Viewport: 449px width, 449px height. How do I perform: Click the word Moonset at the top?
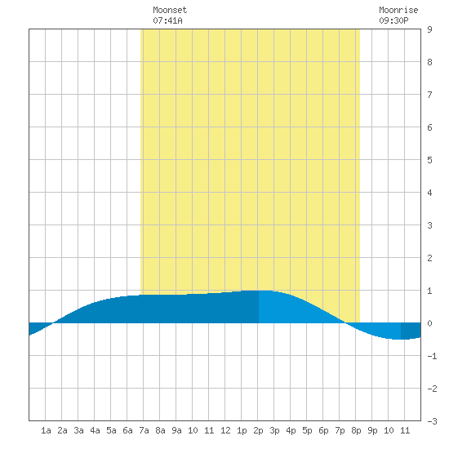click(x=170, y=10)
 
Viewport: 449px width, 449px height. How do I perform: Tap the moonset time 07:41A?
click(x=167, y=20)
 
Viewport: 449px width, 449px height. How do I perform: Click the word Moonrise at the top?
click(x=398, y=10)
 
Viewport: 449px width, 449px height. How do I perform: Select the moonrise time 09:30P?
click(x=393, y=20)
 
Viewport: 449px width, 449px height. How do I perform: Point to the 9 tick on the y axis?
click(x=429, y=29)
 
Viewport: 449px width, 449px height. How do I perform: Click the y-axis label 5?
click(x=429, y=160)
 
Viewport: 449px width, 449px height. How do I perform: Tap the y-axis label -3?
click(x=432, y=421)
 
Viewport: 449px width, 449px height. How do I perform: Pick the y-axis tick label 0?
click(x=429, y=323)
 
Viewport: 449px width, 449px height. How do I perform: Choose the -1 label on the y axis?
click(x=432, y=356)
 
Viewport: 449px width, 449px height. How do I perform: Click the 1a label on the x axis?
click(x=46, y=430)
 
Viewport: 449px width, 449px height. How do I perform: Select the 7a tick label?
click(x=144, y=430)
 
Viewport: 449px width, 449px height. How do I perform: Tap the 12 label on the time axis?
click(x=225, y=430)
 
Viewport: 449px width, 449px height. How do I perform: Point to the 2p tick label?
click(x=258, y=430)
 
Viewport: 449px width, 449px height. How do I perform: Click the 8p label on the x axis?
click(x=356, y=430)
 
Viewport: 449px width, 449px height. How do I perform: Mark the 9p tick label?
click(x=372, y=430)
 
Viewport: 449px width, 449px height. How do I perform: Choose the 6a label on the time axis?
click(x=127, y=430)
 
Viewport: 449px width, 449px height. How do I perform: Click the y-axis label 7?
click(x=429, y=95)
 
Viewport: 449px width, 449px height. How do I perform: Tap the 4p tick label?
click(x=291, y=430)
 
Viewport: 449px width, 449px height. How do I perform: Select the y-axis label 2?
click(x=429, y=258)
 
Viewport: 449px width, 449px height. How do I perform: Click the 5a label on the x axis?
click(x=111, y=430)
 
